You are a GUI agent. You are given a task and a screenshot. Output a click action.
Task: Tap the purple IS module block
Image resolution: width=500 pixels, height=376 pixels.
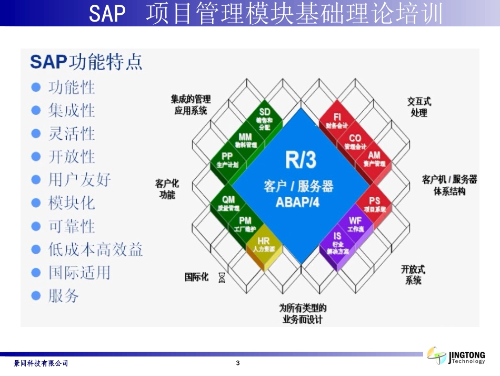(x=337, y=243)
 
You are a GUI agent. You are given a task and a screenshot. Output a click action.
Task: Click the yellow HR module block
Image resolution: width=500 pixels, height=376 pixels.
(x=264, y=245)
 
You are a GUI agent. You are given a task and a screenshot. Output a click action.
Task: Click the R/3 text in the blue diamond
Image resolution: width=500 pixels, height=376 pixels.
(x=301, y=160)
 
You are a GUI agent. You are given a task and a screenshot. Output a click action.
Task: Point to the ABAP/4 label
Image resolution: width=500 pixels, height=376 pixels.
(x=297, y=202)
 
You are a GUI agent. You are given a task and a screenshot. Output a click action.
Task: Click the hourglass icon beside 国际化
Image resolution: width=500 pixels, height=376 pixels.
(x=222, y=277)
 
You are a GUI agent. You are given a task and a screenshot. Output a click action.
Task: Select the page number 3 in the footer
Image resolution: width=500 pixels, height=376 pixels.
(x=238, y=363)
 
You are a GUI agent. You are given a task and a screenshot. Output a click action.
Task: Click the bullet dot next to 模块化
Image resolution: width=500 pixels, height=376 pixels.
(x=36, y=203)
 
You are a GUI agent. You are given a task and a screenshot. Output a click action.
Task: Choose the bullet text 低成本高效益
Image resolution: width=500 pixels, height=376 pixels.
(x=95, y=249)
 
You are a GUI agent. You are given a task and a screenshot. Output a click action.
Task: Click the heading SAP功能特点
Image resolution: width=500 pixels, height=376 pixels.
(x=86, y=62)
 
